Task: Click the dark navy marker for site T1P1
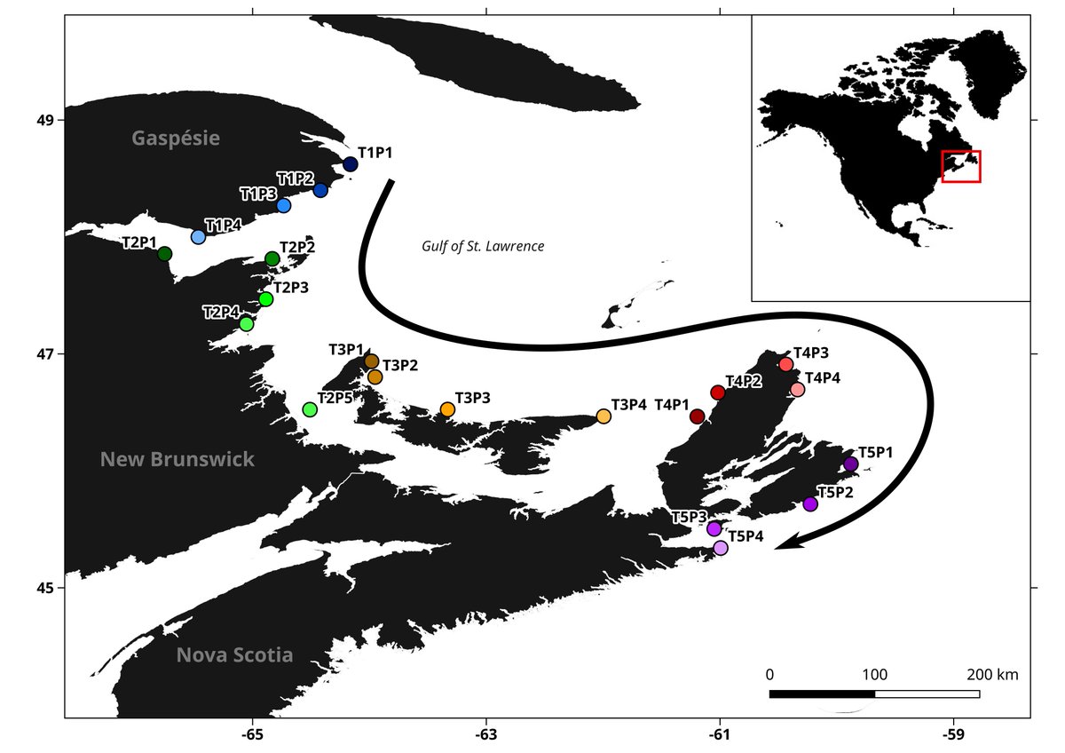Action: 350,164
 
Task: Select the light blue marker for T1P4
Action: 198,237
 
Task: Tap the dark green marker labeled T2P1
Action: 164,254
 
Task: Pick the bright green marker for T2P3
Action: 265,299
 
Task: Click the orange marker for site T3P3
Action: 447,409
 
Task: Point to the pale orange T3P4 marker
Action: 603,416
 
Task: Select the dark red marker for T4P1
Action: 697,416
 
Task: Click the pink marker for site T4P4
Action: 797,390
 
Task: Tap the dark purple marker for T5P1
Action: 850,464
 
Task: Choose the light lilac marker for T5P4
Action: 720,548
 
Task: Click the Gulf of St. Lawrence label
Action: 483,246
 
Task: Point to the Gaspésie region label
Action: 175,138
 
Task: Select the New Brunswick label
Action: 177,459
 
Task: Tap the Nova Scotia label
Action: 234,655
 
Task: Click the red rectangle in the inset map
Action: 960,166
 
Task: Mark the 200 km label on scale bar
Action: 992,675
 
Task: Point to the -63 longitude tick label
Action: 485,734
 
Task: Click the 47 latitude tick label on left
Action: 44,354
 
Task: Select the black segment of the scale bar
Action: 822,694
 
